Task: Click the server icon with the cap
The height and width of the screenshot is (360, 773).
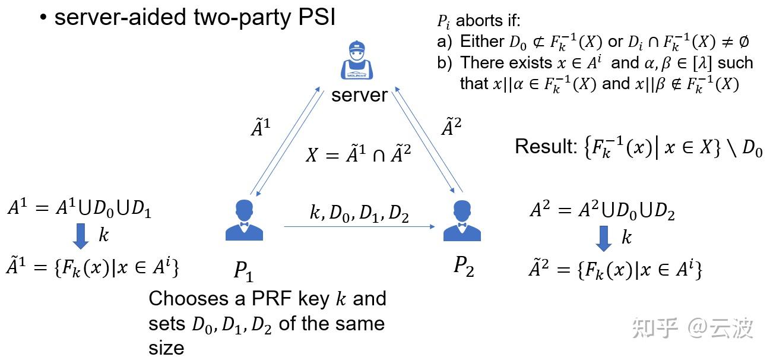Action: [357, 61]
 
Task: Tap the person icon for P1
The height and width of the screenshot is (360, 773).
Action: [244, 220]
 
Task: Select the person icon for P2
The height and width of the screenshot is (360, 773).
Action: [462, 220]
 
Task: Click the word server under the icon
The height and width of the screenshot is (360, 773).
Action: [359, 95]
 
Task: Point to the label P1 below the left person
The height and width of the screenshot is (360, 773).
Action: [243, 271]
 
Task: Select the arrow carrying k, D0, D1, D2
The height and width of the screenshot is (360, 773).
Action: [359, 226]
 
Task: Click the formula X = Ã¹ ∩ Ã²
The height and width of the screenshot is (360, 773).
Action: [358, 154]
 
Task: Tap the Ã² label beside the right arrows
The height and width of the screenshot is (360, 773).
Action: [452, 127]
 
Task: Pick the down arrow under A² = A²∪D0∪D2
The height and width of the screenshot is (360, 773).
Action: [603, 238]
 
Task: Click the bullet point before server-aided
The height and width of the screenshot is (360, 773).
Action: [43, 18]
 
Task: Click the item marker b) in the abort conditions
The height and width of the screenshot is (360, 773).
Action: [445, 63]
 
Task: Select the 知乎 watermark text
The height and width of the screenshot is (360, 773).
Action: [655, 327]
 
